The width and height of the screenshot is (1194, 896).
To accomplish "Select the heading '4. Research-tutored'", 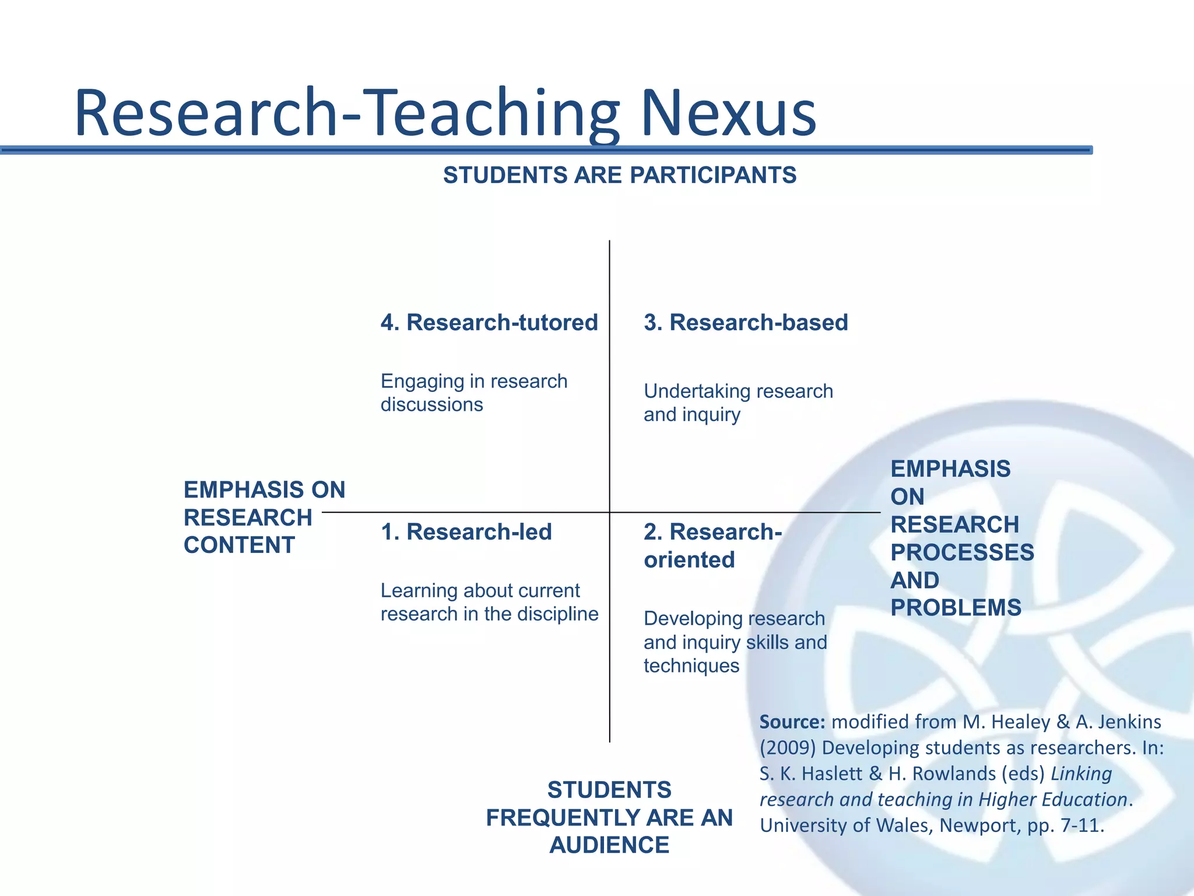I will tap(489, 323).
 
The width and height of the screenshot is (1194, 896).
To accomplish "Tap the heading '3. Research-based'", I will tap(746, 323).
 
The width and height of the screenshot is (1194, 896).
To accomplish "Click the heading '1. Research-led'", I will tap(466, 532).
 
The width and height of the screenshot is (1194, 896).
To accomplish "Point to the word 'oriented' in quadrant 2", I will tap(689, 560).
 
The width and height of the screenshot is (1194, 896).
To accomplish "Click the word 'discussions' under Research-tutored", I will tap(431, 405).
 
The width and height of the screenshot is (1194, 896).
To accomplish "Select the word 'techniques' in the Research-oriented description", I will tap(691, 666).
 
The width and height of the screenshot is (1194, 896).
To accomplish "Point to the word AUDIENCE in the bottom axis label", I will tap(609, 845).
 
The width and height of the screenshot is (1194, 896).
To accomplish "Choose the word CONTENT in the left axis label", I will tap(239, 545).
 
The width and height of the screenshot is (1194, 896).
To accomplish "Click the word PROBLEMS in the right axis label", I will tap(956, 608).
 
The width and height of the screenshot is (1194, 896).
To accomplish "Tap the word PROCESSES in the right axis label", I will tap(962, 552).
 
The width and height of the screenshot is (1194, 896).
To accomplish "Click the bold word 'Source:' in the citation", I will tap(792, 722).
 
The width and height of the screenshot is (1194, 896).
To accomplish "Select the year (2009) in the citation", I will tap(788, 748).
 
